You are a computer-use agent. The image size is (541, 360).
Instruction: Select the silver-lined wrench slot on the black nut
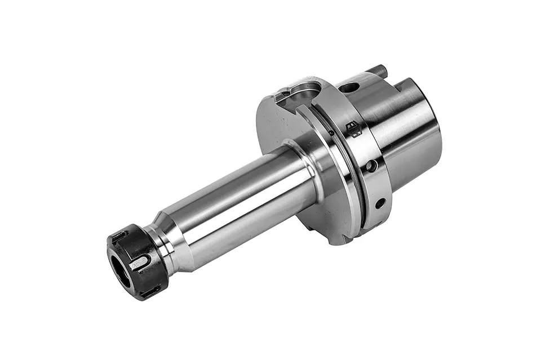[139, 263]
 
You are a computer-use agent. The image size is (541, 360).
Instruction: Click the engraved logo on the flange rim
[353, 129]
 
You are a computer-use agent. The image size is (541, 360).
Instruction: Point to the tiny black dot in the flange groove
[331, 133]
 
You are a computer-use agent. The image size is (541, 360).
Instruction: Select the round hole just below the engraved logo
[371, 166]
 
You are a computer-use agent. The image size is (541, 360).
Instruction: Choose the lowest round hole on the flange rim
[380, 203]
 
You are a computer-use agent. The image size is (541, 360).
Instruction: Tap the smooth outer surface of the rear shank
[411, 141]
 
